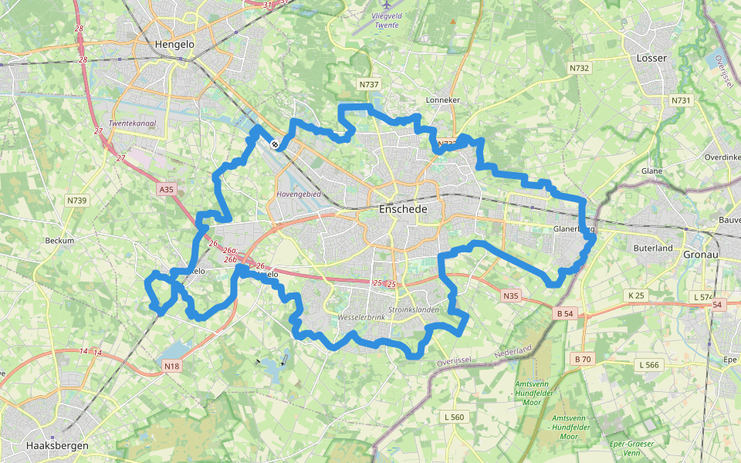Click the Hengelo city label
click(174, 45)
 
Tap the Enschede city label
click(403, 209)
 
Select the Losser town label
click(651, 59)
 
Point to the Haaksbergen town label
click(57, 446)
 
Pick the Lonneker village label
click(443, 100)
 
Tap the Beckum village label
click(59, 241)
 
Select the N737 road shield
click(368, 83)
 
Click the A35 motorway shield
click(166, 188)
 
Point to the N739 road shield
click(76, 201)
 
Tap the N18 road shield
click(171, 366)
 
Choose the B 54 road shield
click(565, 313)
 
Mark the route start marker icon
click(275, 143)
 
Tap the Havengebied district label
click(298, 194)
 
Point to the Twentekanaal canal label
click(128, 123)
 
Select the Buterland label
click(652, 248)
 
